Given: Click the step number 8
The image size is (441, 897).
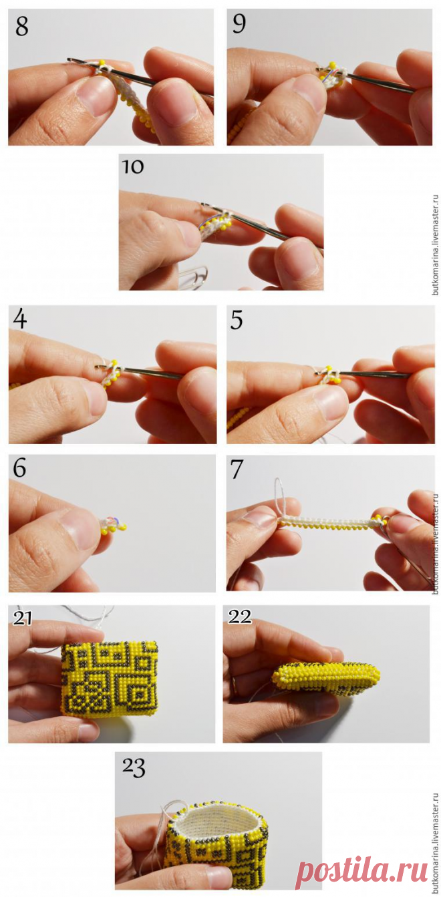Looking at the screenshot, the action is pos(22,27).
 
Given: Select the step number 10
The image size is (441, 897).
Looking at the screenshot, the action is pos(132,166).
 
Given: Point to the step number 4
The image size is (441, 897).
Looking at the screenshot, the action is pos(20,319).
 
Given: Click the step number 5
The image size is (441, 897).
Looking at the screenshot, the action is pos(237,321).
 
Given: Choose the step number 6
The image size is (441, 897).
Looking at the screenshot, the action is pos(19,468).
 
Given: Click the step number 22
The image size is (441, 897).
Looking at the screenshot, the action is pos(239,616).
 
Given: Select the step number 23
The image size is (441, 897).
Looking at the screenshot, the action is pos(134,767).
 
